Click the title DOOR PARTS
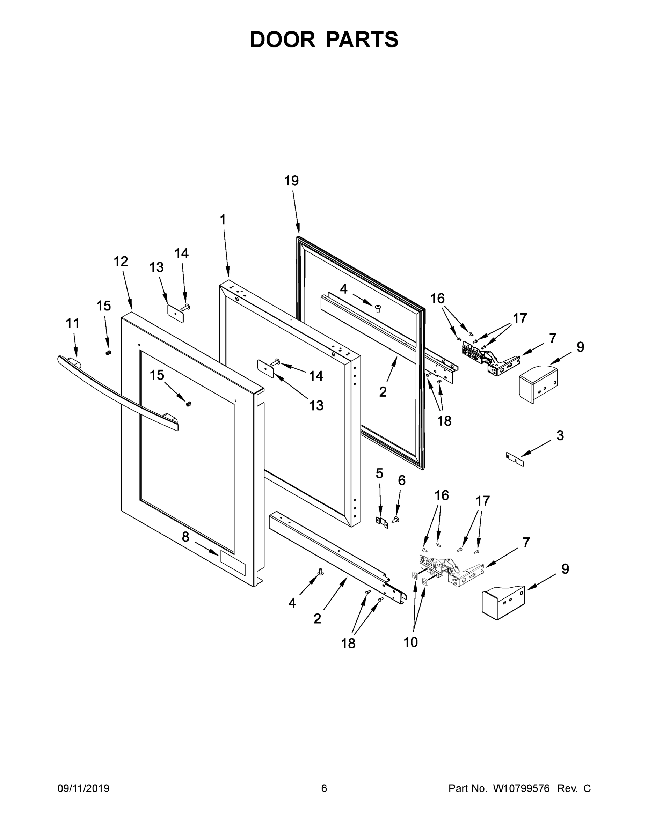tap(324, 40)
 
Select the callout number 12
tap(121, 262)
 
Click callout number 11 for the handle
tap(73, 323)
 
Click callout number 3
tap(560, 435)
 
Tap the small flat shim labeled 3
tap(515, 459)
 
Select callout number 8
tap(185, 537)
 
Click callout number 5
tap(379, 473)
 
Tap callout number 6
tap(401, 480)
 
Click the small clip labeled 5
tap(381, 522)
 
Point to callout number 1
tap(223, 220)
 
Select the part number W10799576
tap(521, 788)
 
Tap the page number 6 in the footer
tap(324, 788)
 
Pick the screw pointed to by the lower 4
tap(319, 582)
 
